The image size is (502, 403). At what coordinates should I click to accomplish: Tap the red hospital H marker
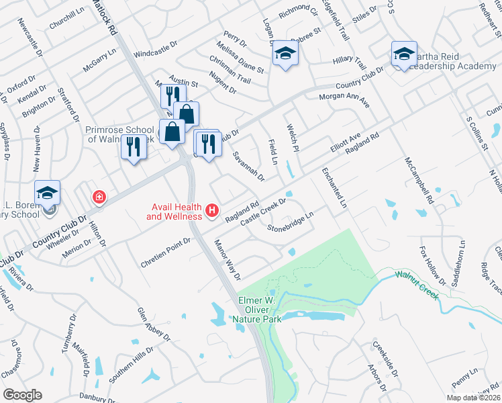213,211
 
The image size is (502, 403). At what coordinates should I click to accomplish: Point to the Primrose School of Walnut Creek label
119,133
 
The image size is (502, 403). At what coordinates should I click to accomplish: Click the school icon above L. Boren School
48,193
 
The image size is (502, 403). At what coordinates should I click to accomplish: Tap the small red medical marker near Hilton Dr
99,197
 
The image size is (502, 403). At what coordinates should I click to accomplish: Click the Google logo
22,394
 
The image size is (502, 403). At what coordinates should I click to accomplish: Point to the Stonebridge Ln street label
291,223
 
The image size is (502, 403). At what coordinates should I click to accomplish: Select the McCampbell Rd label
419,181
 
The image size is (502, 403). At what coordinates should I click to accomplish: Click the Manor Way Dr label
227,259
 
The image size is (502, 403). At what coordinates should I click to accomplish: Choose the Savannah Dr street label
248,166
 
